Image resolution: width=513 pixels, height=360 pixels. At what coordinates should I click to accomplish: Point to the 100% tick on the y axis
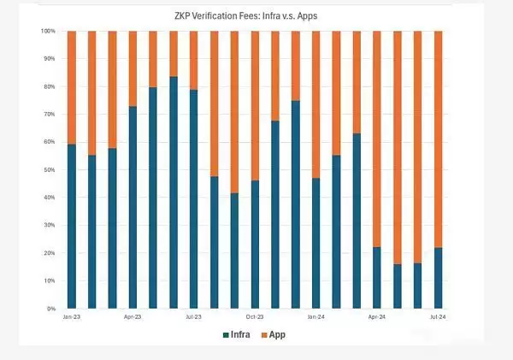(x=49, y=32)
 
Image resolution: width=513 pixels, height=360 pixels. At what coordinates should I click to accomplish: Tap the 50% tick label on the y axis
(x=50, y=170)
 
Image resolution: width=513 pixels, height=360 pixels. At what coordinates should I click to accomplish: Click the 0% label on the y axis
(x=52, y=309)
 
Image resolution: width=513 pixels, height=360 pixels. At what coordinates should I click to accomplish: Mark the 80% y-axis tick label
(x=50, y=87)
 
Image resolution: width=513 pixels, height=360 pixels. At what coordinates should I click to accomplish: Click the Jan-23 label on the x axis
(x=72, y=316)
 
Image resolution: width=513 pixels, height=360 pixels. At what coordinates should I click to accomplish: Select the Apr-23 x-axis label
(x=133, y=316)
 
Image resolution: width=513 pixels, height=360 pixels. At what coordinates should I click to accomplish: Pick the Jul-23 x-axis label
(x=194, y=316)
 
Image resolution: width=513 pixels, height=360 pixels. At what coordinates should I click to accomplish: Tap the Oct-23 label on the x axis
(x=255, y=316)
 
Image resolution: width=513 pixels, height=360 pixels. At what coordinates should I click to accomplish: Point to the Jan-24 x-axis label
(x=316, y=316)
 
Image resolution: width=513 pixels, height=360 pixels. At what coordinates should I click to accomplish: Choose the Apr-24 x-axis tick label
(x=377, y=316)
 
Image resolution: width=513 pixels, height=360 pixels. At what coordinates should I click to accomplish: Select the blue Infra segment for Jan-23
(x=72, y=227)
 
